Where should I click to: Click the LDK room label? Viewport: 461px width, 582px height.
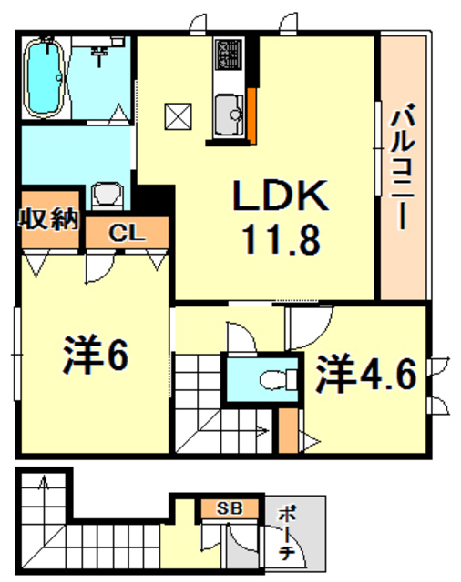(x=278, y=195)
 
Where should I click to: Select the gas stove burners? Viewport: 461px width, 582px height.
(x=226, y=58)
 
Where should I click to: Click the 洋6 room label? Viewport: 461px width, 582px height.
(x=95, y=356)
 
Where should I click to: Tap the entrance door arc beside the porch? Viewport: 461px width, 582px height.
(x=242, y=546)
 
